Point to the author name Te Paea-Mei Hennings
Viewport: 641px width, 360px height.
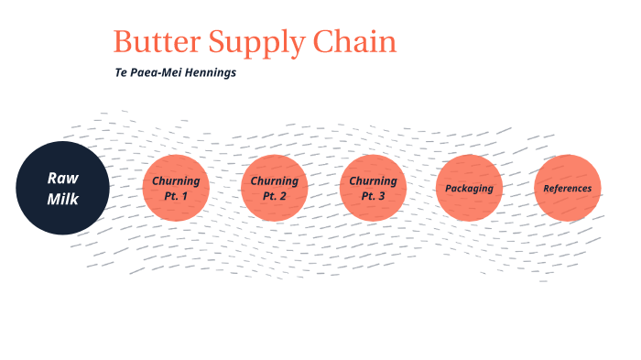click(175, 73)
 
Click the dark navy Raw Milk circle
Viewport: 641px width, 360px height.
click(62, 188)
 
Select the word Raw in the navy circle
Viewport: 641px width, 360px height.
click(62, 177)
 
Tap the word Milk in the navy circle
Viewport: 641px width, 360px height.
click(62, 198)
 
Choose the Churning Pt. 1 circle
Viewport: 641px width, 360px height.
click(176, 188)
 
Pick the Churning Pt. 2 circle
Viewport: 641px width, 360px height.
click(275, 188)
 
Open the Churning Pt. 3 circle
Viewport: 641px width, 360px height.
click(373, 188)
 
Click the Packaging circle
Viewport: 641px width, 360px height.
click(470, 188)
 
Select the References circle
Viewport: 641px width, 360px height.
click(568, 188)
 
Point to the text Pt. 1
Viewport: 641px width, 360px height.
click(176, 196)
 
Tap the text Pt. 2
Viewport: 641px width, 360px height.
click(275, 196)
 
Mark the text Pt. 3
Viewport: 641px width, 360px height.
click(373, 196)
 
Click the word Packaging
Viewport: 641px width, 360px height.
click(470, 189)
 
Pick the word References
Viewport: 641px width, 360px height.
click(568, 189)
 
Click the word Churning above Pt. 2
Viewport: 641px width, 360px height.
click(275, 180)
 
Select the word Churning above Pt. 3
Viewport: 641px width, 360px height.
click(373, 180)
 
